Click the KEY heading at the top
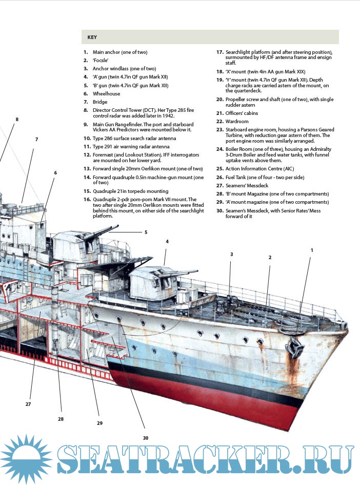point(92,37)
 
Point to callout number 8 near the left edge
point(17,120)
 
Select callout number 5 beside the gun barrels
point(146,232)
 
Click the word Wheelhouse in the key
point(106,94)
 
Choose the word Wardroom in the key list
point(237,122)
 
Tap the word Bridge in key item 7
point(100,102)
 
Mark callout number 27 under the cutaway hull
point(28,404)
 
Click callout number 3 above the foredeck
point(231,254)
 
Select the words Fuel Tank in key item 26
point(237,177)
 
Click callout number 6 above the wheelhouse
point(55,172)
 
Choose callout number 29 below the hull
point(99,423)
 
